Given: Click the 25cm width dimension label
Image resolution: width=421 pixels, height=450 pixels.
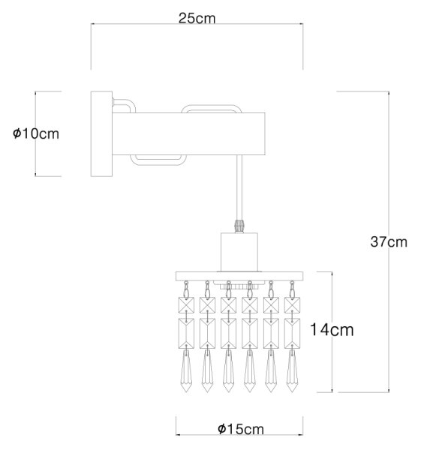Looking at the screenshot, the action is [x=197, y=18].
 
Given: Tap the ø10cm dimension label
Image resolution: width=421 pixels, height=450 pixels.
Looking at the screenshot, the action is [x=36, y=133].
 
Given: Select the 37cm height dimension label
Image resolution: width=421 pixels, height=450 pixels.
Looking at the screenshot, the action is [x=389, y=242].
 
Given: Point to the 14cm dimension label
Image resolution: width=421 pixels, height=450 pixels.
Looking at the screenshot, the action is [x=332, y=330].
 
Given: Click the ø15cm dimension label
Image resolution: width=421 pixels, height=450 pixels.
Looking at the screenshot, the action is [x=241, y=429].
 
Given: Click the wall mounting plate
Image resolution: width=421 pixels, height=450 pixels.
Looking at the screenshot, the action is [x=101, y=133].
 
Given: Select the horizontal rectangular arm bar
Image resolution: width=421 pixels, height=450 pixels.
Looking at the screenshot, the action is [x=188, y=134].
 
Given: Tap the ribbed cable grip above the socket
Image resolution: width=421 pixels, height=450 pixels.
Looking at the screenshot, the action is [x=239, y=226].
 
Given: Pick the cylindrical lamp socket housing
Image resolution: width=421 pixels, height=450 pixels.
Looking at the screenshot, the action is [x=239, y=252].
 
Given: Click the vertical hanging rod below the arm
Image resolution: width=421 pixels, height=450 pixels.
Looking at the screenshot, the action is [x=239, y=187].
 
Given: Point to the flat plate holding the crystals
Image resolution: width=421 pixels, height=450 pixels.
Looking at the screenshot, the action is [x=239, y=276].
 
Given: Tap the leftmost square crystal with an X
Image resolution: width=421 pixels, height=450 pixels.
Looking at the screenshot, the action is [x=186, y=305].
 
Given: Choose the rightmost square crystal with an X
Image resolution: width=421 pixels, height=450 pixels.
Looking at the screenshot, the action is [x=293, y=305].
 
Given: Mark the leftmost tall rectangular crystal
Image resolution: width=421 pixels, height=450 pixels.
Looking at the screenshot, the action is [x=186, y=334].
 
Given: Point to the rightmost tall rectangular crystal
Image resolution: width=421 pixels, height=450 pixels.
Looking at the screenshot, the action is [x=293, y=334].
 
